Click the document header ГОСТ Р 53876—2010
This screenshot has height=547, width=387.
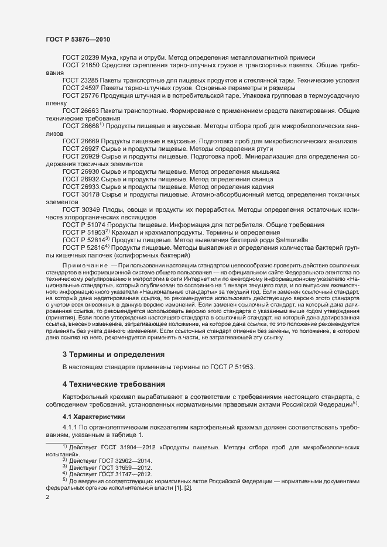point(78,39)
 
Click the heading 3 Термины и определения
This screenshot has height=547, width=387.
point(113,355)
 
